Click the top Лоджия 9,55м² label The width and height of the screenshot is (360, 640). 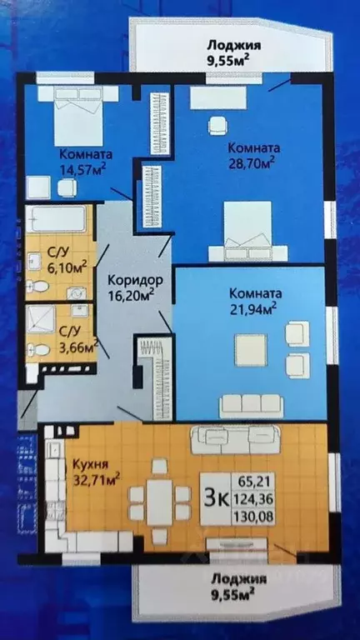pos(227,52)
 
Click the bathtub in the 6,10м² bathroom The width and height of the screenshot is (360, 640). pos(56,221)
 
